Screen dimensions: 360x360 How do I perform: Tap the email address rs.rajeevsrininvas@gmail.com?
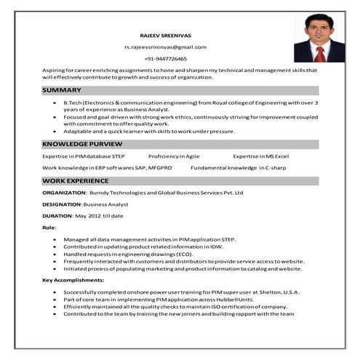[165, 47]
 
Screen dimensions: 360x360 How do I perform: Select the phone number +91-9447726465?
[165, 58]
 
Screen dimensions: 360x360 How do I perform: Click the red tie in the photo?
[319, 53]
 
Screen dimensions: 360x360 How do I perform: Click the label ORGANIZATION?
[64, 193]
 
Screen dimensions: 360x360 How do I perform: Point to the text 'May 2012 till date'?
[100, 216]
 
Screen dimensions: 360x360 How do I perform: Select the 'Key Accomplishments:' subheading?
[73, 280]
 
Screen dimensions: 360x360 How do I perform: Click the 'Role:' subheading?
[49, 228]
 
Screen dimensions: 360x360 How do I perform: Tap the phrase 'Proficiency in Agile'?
[174, 156]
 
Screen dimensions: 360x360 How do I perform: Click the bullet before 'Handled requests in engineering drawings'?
[55, 254]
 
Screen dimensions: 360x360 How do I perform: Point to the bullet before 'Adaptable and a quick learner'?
[55, 131]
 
